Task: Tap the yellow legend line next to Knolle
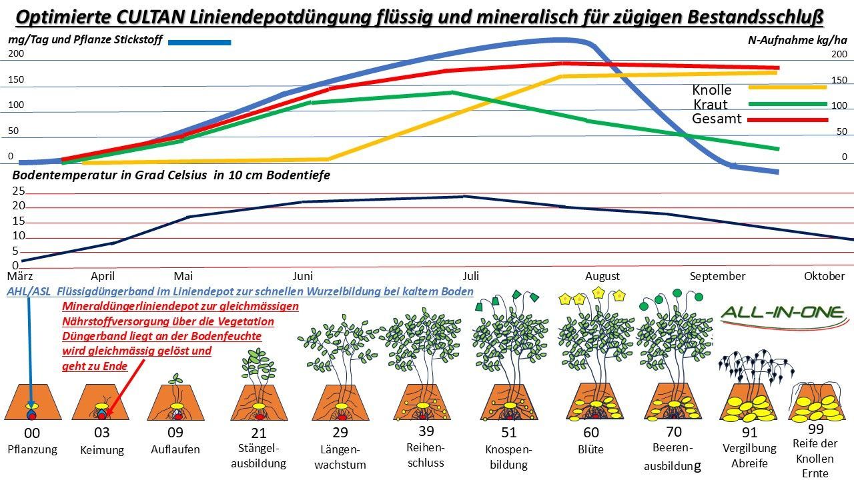click(x=787, y=87)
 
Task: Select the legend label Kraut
click(x=711, y=104)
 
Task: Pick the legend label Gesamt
click(x=717, y=119)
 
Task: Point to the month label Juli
click(x=470, y=275)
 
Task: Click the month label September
click(x=717, y=276)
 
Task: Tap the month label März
click(x=20, y=275)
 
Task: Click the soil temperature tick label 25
click(x=19, y=191)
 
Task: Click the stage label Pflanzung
click(x=32, y=449)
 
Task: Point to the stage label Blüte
click(x=590, y=449)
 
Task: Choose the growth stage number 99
click(x=815, y=429)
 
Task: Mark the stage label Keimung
click(x=102, y=450)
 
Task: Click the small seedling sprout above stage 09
click(x=175, y=379)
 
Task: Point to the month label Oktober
click(x=824, y=276)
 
